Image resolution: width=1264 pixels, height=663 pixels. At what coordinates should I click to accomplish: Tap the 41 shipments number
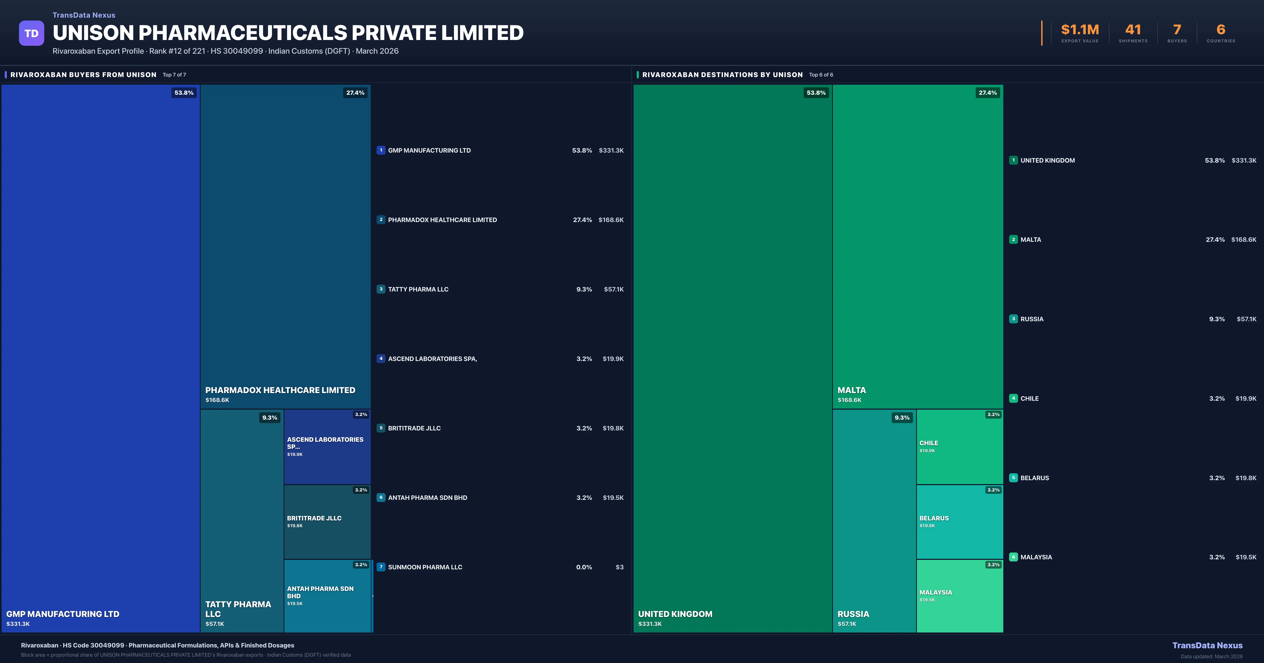coord(1133,30)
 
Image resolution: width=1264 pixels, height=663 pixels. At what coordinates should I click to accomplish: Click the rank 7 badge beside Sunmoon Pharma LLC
coord(381,567)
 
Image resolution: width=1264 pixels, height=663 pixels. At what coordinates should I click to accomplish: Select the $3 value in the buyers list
coord(619,567)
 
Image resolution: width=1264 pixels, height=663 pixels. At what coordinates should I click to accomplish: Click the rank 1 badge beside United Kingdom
coord(1013,160)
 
